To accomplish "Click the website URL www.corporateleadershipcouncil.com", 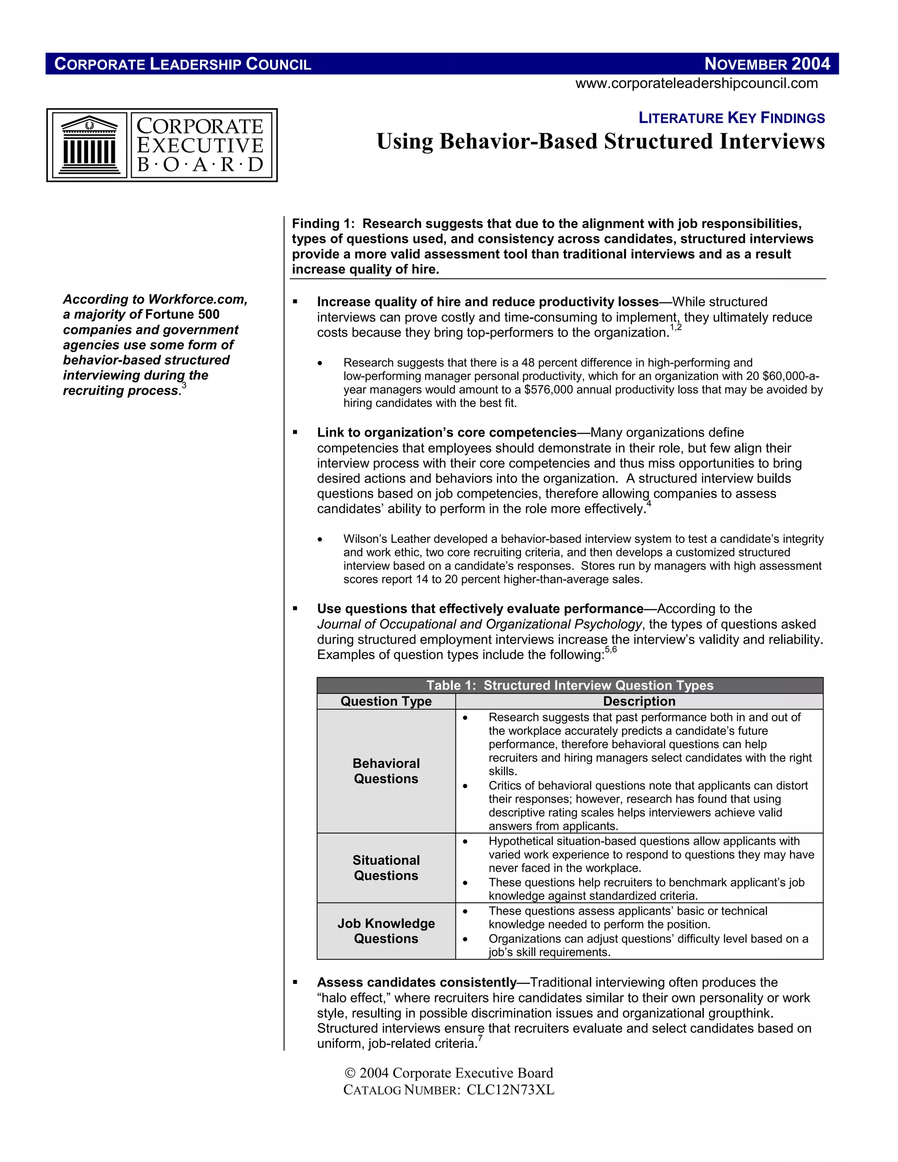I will pyautogui.click(x=696, y=83).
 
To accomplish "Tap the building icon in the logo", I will pyautogui.click(x=89, y=145).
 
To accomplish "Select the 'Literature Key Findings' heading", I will pyautogui.click(x=731, y=118).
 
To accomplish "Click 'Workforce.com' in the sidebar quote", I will pyautogui.click(x=197, y=299).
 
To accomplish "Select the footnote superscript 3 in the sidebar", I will pyautogui.click(x=184, y=385).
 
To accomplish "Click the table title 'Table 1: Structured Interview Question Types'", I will pyautogui.click(x=570, y=685).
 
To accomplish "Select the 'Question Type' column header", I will pyautogui.click(x=386, y=701).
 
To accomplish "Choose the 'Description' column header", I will pyautogui.click(x=639, y=701).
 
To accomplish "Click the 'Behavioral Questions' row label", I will pyautogui.click(x=386, y=771).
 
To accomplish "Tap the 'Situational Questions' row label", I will pyautogui.click(x=386, y=868).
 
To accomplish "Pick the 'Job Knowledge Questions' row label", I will pyautogui.click(x=386, y=931).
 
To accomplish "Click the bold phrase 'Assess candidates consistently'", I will pyautogui.click(x=417, y=982).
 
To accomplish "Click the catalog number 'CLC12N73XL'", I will pyautogui.click(x=510, y=1090).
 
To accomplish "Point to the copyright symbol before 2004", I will pyautogui.click(x=349, y=1073).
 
